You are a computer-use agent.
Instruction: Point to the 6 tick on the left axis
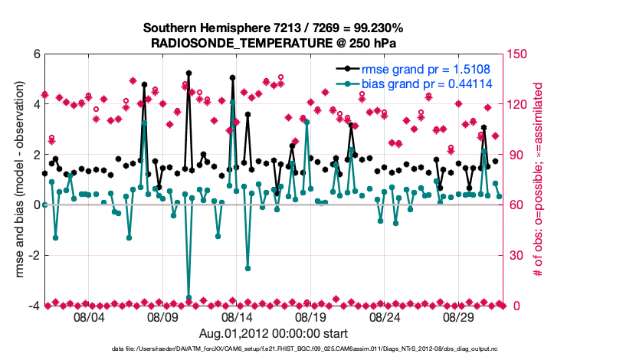[x=36, y=54]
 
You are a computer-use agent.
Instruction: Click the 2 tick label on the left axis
[x=36, y=155]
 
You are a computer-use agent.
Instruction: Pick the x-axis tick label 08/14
[x=237, y=317]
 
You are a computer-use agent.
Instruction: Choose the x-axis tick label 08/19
[x=311, y=317]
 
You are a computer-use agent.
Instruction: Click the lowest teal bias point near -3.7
[x=189, y=298]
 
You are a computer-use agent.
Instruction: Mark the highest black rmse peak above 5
[x=189, y=74]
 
